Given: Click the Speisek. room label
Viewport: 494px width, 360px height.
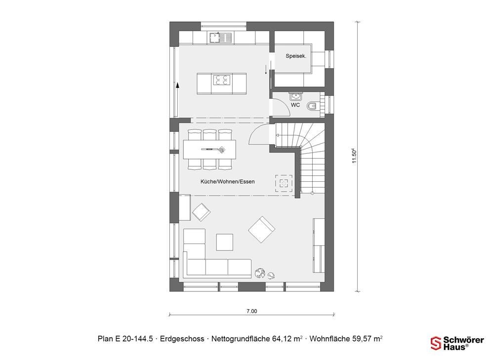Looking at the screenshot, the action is click(296, 56).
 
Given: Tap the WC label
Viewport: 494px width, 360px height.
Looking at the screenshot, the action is click(295, 105).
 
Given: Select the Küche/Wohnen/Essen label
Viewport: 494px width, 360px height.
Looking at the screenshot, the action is click(227, 181).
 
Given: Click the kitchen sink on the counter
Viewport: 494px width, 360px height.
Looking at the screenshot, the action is click(220, 38).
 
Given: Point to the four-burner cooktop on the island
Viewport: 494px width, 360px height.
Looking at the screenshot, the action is click(222, 80).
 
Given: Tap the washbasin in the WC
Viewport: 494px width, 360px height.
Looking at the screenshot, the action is click(295, 96).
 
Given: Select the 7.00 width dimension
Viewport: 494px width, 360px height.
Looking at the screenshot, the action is click(252, 311).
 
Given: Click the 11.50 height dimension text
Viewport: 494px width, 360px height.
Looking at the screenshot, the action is click(354, 156).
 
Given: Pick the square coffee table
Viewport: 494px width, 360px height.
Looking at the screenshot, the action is click(225, 242).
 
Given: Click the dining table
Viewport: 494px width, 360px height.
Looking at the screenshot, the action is click(209, 149).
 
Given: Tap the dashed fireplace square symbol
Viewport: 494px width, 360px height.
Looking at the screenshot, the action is click(284, 183).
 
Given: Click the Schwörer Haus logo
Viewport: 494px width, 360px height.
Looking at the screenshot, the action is click(457, 343).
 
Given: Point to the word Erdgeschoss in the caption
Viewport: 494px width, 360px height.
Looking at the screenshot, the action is click(182, 339).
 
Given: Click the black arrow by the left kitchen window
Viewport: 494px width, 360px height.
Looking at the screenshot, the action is click(178, 85).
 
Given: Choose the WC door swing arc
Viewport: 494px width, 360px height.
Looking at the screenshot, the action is click(283, 106).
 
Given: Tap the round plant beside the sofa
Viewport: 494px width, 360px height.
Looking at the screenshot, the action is click(260, 273).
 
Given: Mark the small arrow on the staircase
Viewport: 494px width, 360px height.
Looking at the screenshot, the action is click(278, 135).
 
